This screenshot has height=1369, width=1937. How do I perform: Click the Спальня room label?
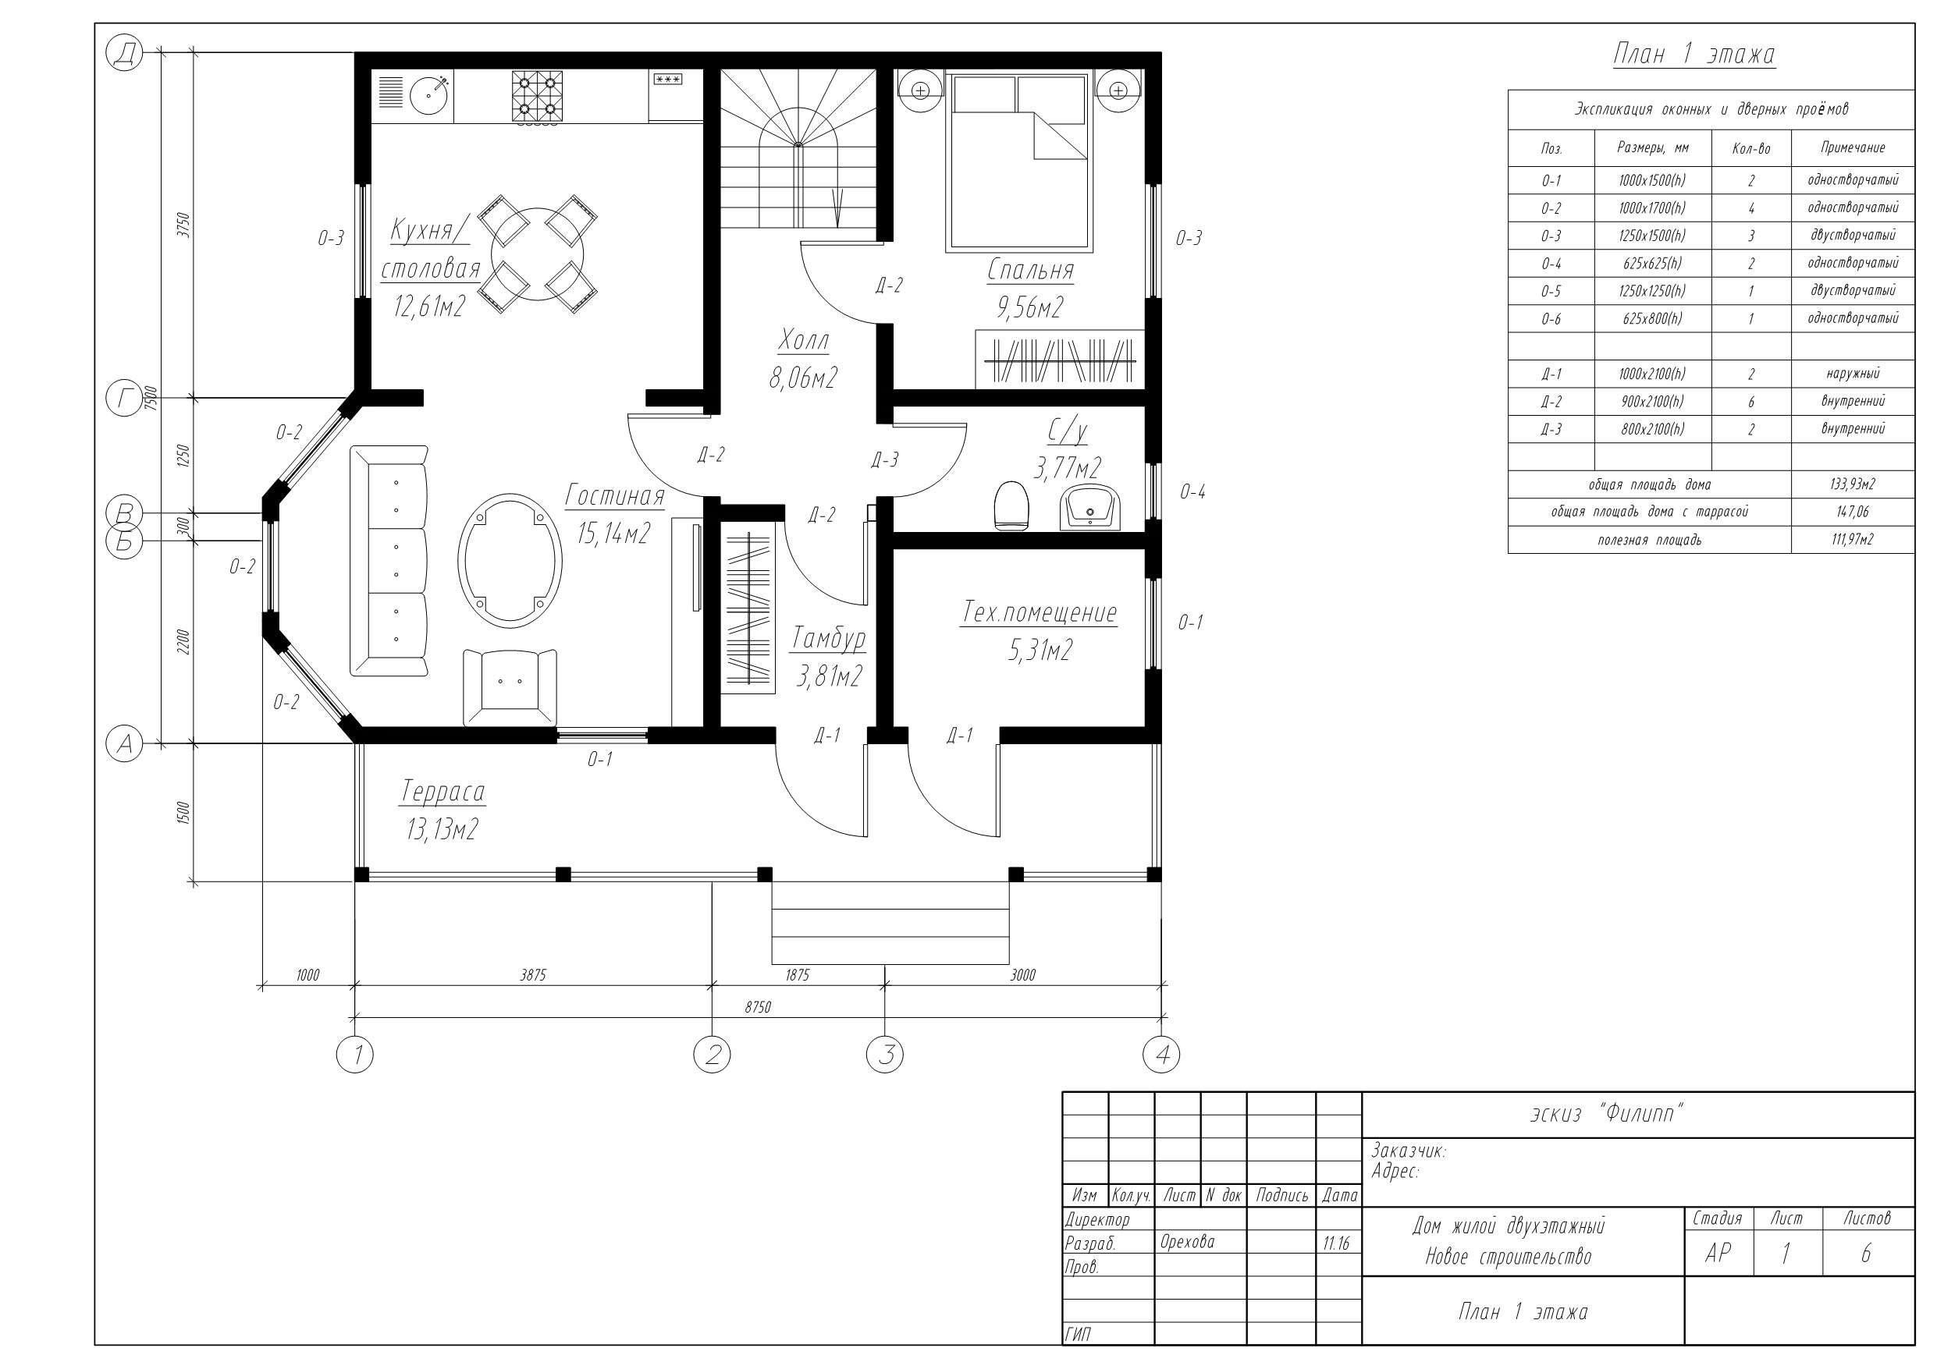click(x=1030, y=270)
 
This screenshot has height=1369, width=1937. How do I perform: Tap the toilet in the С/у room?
click(x=1011, y=505)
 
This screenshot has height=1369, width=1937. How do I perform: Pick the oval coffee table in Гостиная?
click(x=510, y=560)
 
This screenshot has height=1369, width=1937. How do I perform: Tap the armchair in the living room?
click(x=510, y=686)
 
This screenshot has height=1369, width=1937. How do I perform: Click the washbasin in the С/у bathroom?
click(x=1091, y=508)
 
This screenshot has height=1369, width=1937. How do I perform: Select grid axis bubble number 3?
click(x=885, y=1055)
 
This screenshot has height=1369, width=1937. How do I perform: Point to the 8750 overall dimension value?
click(x=757, y=1007)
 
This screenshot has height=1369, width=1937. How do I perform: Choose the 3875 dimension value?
click(x=532, y=975)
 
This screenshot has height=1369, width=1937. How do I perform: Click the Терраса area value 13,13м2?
click(x=442, y=830)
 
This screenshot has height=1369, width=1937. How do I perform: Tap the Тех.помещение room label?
click(x=1040, y=612)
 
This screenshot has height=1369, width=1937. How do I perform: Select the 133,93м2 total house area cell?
click(x=1853, y=484)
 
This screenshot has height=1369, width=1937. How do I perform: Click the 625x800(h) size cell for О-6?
click(x=1653, y=319)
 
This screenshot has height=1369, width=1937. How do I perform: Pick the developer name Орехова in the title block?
click(x=1187, y=1242)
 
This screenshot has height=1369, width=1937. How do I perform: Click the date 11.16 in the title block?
click(x=1336, y=1243)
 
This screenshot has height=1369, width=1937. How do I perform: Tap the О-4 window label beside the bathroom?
click(x=1192, y=491)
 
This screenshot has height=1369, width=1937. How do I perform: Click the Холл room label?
click(x=803, y=341)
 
